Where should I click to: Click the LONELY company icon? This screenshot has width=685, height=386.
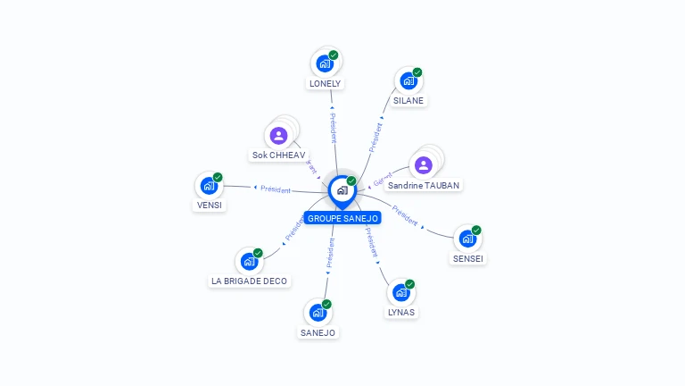325,63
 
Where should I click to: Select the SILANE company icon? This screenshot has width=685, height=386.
409,80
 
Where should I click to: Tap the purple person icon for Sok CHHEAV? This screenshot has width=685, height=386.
278,136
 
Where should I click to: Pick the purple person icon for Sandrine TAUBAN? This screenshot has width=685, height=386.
424,165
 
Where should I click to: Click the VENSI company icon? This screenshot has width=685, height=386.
209,186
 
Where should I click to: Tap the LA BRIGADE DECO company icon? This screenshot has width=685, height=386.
249,262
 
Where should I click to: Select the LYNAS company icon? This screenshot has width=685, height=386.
401,293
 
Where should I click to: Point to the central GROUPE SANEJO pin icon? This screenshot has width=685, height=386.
342,190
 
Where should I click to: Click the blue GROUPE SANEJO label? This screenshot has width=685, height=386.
342,218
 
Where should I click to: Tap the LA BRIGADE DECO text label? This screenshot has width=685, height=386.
249,281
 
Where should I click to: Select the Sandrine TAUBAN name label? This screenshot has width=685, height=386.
425,185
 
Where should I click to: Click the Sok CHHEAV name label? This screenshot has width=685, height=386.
278,155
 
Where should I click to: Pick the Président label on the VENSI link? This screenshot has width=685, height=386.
276,189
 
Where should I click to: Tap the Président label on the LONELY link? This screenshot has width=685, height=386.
333,128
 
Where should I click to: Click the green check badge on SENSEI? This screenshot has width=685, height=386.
476,231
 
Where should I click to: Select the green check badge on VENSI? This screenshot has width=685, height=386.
218,177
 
